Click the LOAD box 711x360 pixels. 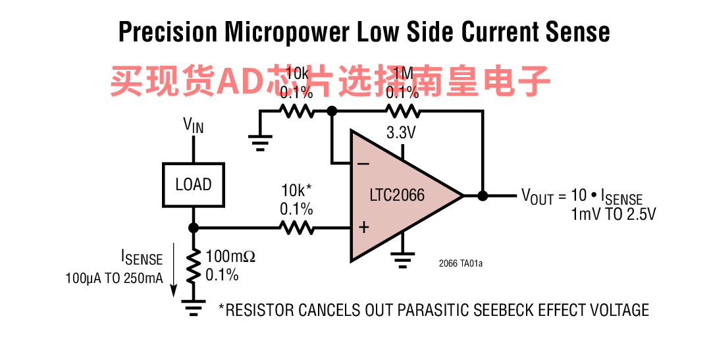pos(193,184)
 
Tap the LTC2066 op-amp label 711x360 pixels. pos(397,195)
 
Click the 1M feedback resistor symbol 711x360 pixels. pos(402,111)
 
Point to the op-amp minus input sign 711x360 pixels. pos(363,163)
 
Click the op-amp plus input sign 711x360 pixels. pos(363,228)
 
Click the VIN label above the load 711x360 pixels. pos(193,124)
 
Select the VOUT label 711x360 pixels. pos(537,196)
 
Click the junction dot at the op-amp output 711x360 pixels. pos(483,195)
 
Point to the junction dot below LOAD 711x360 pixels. pos(194,228)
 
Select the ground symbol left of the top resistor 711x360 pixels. pos(261,141)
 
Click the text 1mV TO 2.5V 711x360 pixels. pos(614,215)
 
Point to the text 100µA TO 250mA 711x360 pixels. pos(114,278)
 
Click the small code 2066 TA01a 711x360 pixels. pos(461,264)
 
